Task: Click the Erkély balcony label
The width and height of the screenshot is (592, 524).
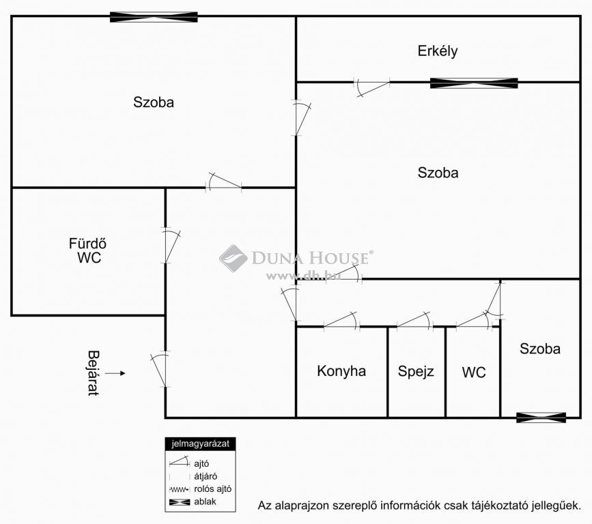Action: (438, 51)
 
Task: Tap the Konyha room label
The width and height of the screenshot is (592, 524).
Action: (341, 371)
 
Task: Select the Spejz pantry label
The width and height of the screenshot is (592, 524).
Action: (416, 372)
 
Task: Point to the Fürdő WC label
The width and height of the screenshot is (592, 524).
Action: (87, 250)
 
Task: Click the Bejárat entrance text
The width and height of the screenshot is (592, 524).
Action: (94, 373)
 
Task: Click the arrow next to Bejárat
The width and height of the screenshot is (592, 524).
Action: (115, 373)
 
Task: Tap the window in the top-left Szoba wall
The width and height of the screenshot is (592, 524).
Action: (154, 17)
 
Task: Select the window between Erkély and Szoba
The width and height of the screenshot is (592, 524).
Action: (474, 83)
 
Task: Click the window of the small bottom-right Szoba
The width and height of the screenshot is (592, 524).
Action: (541, 418)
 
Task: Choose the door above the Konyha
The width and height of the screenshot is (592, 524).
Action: (341, 321)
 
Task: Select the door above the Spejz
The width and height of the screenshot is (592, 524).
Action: (415, 321)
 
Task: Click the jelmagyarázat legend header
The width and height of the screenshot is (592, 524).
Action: (201, 443)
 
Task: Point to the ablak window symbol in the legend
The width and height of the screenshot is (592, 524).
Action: (180, 502)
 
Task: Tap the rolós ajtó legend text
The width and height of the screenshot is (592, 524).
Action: (212, 489)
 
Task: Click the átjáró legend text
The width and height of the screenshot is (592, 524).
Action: (206, 476)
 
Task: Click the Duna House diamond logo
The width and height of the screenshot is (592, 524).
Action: (233, 258)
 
